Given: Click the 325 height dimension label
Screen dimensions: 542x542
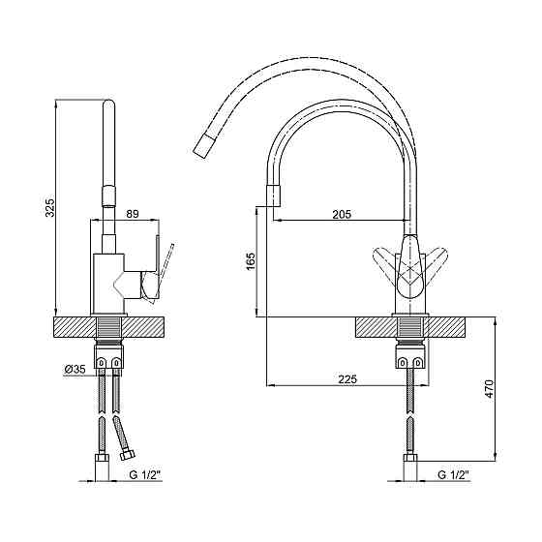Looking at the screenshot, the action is tap(50, 207).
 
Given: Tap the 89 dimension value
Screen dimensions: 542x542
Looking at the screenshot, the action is tap(132, 214).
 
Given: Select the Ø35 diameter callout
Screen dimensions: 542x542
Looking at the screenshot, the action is tap(75, 369).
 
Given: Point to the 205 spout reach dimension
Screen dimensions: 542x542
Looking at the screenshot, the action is tap(342, 214).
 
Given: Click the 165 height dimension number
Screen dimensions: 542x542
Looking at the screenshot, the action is tap(251, 261).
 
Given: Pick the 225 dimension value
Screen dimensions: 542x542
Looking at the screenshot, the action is tap(347, 379).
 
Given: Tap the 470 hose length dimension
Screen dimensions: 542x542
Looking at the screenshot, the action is tap(490, 388).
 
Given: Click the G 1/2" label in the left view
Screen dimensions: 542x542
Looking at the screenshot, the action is tap(145, 475).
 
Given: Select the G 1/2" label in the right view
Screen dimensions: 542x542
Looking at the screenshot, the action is tap(454, 475).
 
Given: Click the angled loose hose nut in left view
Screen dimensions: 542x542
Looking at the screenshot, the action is tap(128, 455).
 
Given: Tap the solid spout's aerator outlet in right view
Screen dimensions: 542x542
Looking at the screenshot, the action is tap(273, 196).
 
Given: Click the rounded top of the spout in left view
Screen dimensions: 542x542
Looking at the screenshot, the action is tap(109, 104).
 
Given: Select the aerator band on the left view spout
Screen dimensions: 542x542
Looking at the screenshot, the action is tap(108, 196).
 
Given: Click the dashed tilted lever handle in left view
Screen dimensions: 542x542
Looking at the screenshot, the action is tap(164, 273).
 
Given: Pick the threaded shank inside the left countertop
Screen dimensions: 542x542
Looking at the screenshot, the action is tap(108, 327).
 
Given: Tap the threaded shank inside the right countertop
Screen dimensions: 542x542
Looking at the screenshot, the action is tap(410, 327).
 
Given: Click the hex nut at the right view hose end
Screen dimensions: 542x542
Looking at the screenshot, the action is tap(410, 459).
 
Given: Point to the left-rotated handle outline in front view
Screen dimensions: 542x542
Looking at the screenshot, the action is tap(385, 262).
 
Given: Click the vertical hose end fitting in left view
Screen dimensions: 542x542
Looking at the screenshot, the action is tap(102, 467).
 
